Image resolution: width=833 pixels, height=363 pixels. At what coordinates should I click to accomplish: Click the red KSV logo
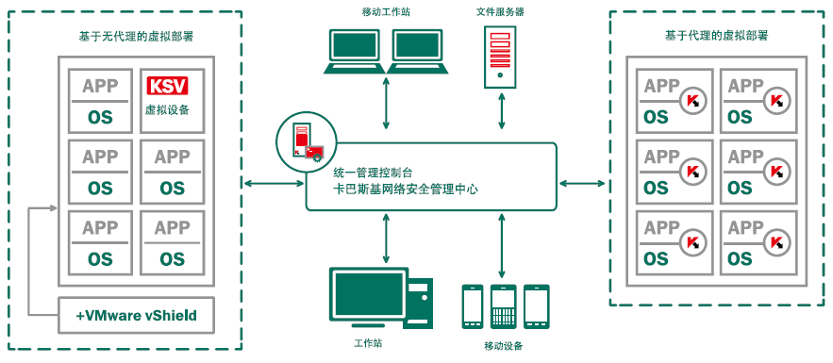click(x=167, y=87)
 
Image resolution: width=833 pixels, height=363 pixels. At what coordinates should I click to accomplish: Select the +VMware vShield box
click(x=136, y=315)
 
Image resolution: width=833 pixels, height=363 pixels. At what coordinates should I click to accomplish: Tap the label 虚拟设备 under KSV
click(x=167, y=110)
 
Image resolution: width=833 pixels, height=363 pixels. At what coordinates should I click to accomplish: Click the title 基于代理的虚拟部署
click(x=716, y=36)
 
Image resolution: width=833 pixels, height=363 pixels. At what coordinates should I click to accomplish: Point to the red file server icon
click(x=501, y=56)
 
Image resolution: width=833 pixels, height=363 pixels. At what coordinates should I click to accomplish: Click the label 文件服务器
click(x=500, y=11)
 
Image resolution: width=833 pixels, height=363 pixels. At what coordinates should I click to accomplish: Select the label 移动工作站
click(x=387, y=11)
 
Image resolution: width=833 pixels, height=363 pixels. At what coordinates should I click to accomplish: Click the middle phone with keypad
click(x=504, y=305)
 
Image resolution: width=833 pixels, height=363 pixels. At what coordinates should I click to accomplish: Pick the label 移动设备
click(x=503, y=346)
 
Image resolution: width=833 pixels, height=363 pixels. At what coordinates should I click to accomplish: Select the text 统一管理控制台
click(x=374, y=173)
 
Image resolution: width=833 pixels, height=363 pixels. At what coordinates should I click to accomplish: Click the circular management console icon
click(x=302, y=139)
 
